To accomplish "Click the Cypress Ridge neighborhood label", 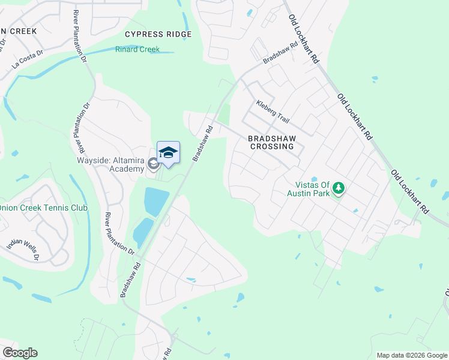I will (158, 34).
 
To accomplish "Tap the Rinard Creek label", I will (137, 49).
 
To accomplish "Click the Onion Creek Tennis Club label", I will (43, 208).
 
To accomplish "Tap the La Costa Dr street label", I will (28, 62).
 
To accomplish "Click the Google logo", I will (20, 353).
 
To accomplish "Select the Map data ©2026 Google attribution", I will (411, 355).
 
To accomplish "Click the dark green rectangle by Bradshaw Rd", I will (224, 114).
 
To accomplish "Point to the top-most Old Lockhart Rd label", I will (303, 40).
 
